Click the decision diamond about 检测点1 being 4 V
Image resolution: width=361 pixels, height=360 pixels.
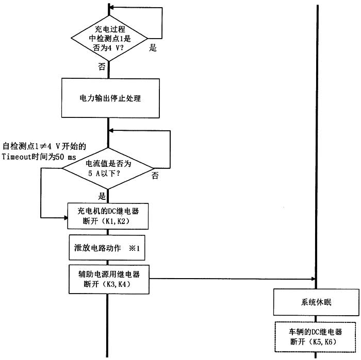coord(109,37)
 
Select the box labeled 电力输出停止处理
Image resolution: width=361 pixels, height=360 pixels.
coord(109,98)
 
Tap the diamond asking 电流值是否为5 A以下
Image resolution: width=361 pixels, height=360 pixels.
coord(109,168)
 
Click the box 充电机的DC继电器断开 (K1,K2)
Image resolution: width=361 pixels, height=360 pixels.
coord(109,215)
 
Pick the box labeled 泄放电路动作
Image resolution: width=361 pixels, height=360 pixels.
coord(109,248)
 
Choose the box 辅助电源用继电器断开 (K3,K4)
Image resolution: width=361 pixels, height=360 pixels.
coord(109,279)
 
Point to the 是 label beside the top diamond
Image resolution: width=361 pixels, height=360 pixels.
coord(153,48)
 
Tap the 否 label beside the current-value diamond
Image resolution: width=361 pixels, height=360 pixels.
coord(155,176)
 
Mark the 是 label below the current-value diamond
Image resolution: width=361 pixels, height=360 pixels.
coord(102,196)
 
